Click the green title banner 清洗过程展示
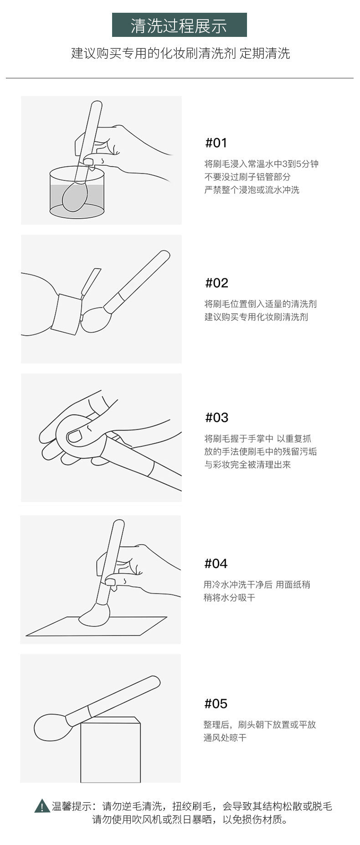179,25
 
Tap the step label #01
216,143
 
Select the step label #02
216,283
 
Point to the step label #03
216,417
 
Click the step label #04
216,563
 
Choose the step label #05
216,703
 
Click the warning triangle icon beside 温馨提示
42,806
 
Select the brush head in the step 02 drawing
94,319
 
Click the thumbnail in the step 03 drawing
74,436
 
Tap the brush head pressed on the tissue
94,614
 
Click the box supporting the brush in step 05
110,749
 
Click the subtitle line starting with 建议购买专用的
180,53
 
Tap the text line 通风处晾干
225,737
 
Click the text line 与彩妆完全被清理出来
247,465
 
